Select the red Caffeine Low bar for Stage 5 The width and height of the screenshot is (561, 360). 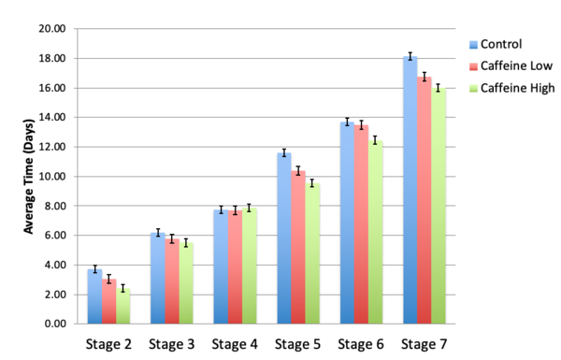click(x=298, y=248)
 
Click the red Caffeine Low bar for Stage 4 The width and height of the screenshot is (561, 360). click(x=235, y=267)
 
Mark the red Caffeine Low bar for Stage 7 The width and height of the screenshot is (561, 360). click(x=424, y=200)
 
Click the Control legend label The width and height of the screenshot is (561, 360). click(x=503, y=43)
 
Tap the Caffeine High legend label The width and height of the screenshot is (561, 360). click(x=518, y=88)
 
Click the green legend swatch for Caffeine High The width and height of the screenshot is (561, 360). click(x=472, y=88)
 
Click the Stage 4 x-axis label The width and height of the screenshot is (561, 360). click(x=235, y=344)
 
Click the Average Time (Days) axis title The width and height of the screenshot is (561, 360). click(x=29, y=177)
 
